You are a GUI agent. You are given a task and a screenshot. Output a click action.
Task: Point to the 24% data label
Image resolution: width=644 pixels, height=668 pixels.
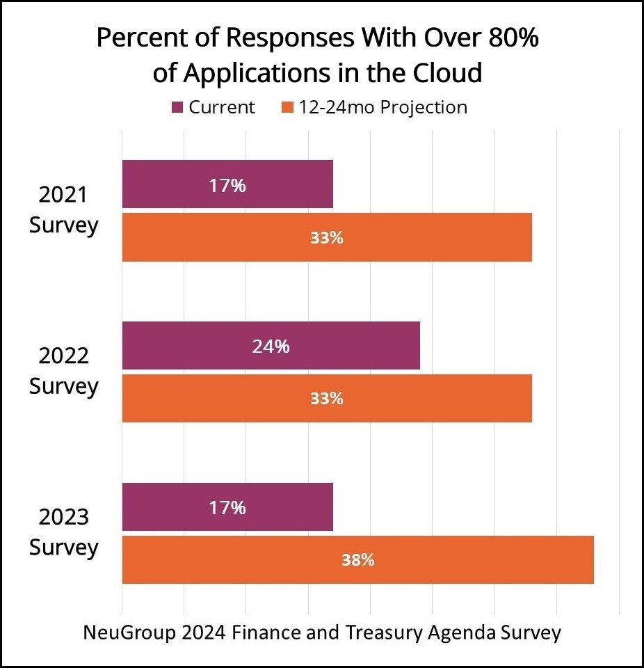271,346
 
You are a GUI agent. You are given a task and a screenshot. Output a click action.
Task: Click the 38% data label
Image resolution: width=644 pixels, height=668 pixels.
358,560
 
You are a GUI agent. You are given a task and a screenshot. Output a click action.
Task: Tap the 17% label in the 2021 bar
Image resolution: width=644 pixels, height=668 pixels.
228,185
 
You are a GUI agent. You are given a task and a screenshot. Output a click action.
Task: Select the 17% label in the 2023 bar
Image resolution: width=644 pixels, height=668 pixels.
228,508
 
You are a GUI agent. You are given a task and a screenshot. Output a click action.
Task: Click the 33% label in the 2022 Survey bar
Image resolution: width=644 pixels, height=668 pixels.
327,399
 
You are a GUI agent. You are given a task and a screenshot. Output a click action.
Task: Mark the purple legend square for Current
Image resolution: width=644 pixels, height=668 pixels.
177,108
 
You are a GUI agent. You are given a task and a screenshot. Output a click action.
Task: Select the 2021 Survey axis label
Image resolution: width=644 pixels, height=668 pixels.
63,210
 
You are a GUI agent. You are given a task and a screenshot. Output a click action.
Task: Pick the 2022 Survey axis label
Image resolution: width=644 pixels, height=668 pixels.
63,372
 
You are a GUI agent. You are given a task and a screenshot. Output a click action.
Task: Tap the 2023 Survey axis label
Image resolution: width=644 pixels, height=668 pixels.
63,533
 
